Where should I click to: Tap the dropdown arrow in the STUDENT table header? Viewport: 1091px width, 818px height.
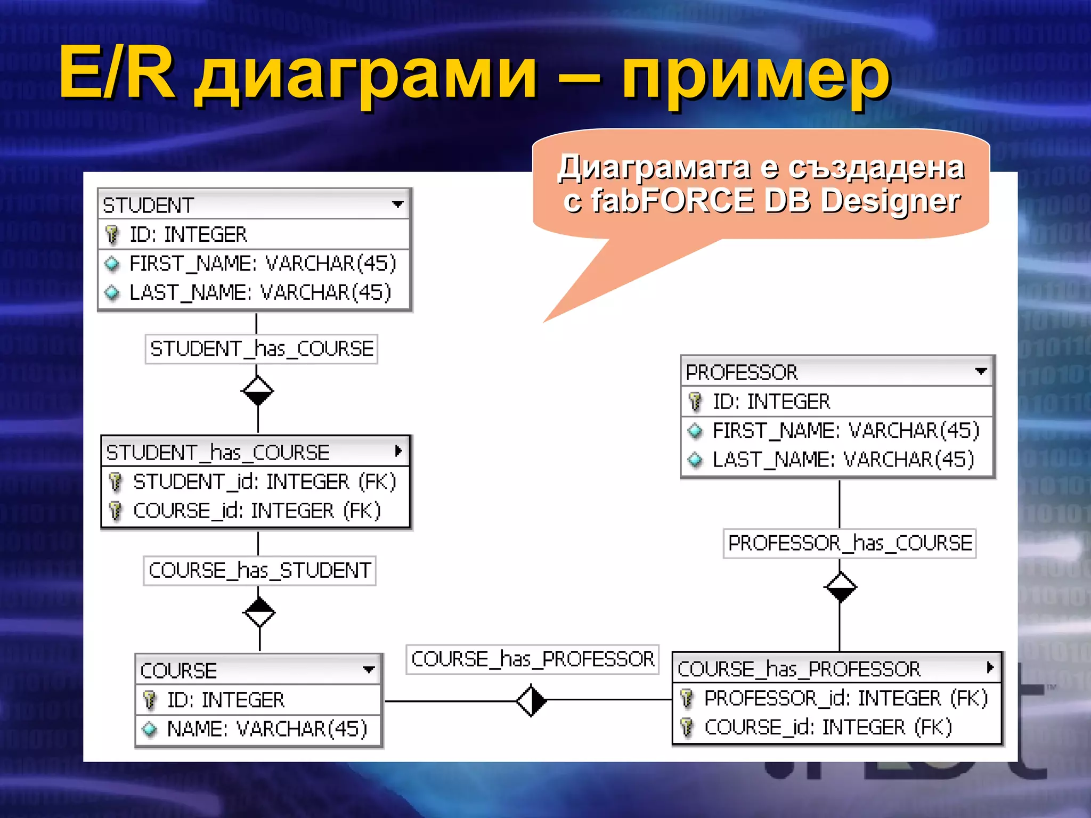[x=397, y=204]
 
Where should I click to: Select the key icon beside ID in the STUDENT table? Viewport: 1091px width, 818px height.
[x=112, y=234]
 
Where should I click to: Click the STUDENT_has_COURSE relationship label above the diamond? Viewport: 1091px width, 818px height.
[x=262, y=349]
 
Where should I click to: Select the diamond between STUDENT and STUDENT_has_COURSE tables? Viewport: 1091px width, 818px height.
[x=258, y=391]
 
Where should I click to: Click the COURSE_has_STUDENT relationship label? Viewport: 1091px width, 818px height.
[x=259, y=570]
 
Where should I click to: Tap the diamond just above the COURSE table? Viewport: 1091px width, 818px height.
[x=259, y=612]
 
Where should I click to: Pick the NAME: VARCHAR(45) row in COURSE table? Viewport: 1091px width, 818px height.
[x=266, y=729]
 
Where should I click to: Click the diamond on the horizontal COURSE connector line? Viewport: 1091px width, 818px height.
[x=531, y=701]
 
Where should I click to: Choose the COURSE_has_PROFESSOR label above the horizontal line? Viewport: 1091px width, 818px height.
[x=532, y=659]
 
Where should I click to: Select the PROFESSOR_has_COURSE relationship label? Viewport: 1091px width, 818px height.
[x=850, y=543]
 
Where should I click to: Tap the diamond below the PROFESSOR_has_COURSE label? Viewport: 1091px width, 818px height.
[x=840, y=587]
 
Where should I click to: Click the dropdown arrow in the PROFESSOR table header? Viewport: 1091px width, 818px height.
[x=981, y=371]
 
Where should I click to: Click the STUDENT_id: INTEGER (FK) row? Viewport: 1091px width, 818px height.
[x=264, y=481]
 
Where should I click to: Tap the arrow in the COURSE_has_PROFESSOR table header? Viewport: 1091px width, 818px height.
[x=990, y=667]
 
